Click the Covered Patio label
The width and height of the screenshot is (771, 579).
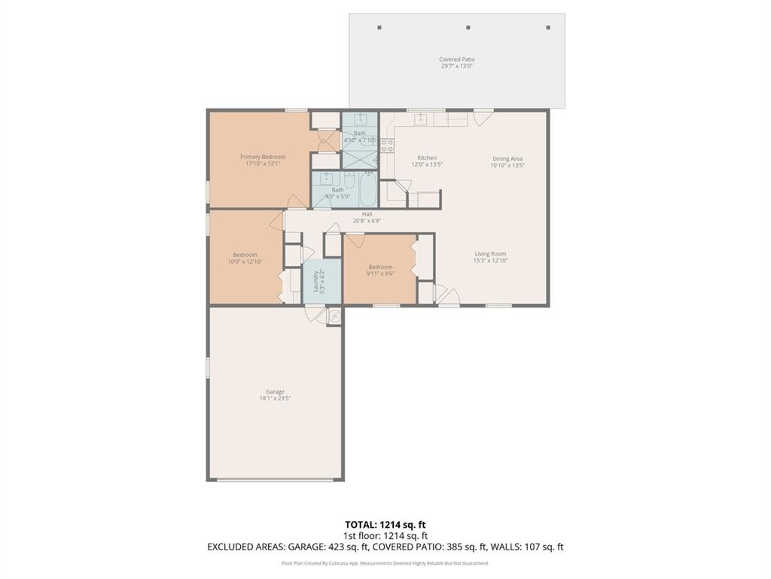(457, 60)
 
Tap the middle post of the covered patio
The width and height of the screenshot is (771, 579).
(468, 28)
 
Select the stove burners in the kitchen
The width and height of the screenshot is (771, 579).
(387, 146)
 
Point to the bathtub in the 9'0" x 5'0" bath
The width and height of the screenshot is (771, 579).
(368, 191)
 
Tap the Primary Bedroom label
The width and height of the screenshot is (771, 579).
(263, 157)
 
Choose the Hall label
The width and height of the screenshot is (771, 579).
(367, 214)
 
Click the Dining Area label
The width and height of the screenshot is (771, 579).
(507, 159)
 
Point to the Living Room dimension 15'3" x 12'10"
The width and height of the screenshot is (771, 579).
(490, 261)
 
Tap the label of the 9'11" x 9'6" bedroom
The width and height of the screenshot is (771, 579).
(380, 267)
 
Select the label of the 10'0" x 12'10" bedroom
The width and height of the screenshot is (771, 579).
(245, 255)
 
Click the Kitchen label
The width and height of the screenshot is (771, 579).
(427, 158)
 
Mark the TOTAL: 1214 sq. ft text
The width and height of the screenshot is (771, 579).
(385, 525)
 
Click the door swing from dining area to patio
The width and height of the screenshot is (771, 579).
(483, 117)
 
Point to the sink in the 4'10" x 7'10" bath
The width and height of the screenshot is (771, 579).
(360, 120)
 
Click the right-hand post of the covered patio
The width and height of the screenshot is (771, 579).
(548, 28)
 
